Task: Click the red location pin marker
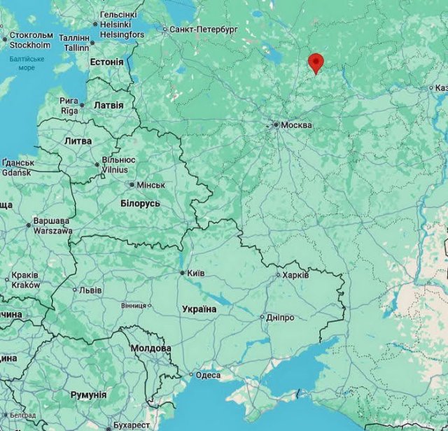click(x=316, y=62)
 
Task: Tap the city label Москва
click(x=297, y=125)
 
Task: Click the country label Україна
click(x=199, y=309)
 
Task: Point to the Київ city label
click(x=195, y=273)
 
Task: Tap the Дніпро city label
click(x=281, y=317)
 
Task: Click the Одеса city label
click(x=208, y=375)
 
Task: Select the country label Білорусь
click(x=140, y=203)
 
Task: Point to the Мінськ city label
click(x=150, y=185)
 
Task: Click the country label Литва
click(x=78, y=141)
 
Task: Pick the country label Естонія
click(x=106, y=62)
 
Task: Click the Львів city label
click(x=90, y=290)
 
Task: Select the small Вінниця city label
click(x=133, y=306)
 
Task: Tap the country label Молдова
click(x=150, y=348)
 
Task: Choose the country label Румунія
click(x=88, y=395)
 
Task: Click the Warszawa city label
click(x=52, y=230)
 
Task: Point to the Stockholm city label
click(x=29, y=45)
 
